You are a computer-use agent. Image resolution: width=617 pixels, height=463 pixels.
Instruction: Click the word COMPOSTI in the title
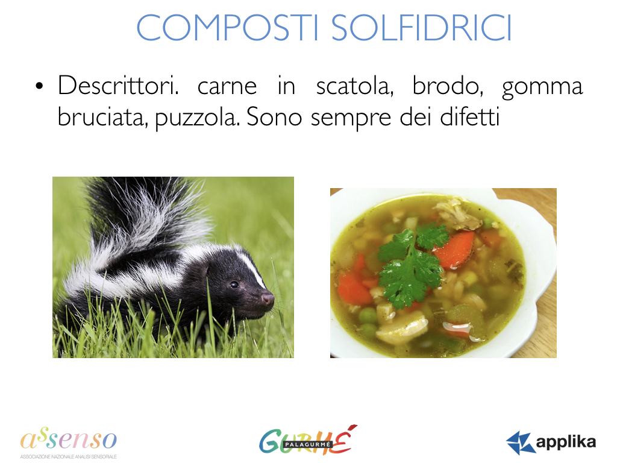227,28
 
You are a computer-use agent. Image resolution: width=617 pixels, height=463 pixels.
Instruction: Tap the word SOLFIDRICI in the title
421,28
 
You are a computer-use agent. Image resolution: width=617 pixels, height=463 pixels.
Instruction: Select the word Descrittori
118,86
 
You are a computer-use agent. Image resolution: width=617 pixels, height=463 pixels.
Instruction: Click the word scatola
354,86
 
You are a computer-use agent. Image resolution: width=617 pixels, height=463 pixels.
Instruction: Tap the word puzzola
197,119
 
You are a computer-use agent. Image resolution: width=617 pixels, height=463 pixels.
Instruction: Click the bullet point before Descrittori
39,86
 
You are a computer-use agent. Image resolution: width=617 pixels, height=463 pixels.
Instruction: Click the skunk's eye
234,285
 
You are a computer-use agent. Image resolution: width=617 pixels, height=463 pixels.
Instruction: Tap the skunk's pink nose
268,299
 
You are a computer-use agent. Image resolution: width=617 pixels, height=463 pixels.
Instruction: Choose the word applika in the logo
566,442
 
